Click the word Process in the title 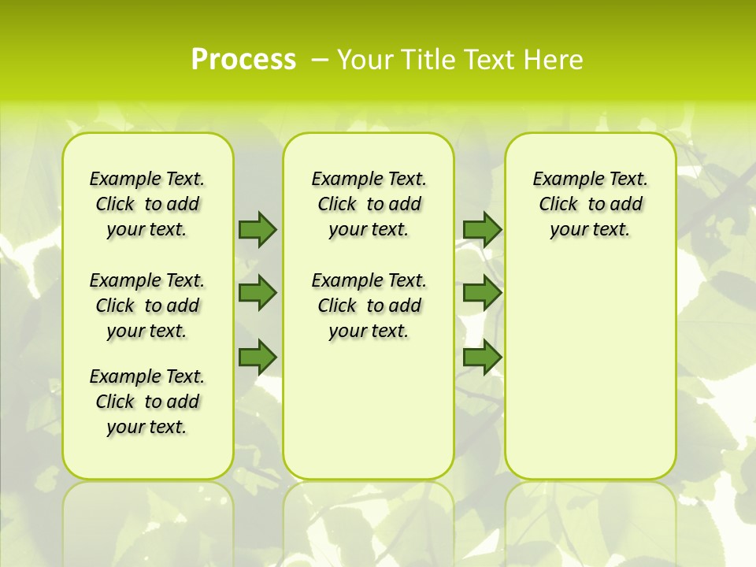click(x=243, y=60)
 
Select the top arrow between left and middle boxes click(x=258, y=229)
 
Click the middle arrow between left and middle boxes click(x=258, y=293)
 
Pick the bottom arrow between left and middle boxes click(x=258, y=357)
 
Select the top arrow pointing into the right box click(x=482, y=229)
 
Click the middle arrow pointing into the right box click(x=482, y=293)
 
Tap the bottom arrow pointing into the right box click(x=482, y=357)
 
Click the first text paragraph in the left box click(x=147, y=204)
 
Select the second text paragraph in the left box click(x=147, y=306)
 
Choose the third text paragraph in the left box click(x=147, y=402)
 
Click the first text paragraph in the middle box click(x=369, y=204)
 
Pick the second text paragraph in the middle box click(x=369, y=306)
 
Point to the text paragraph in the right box click(x=590, y=204)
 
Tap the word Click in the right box click(x=558, y=205)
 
